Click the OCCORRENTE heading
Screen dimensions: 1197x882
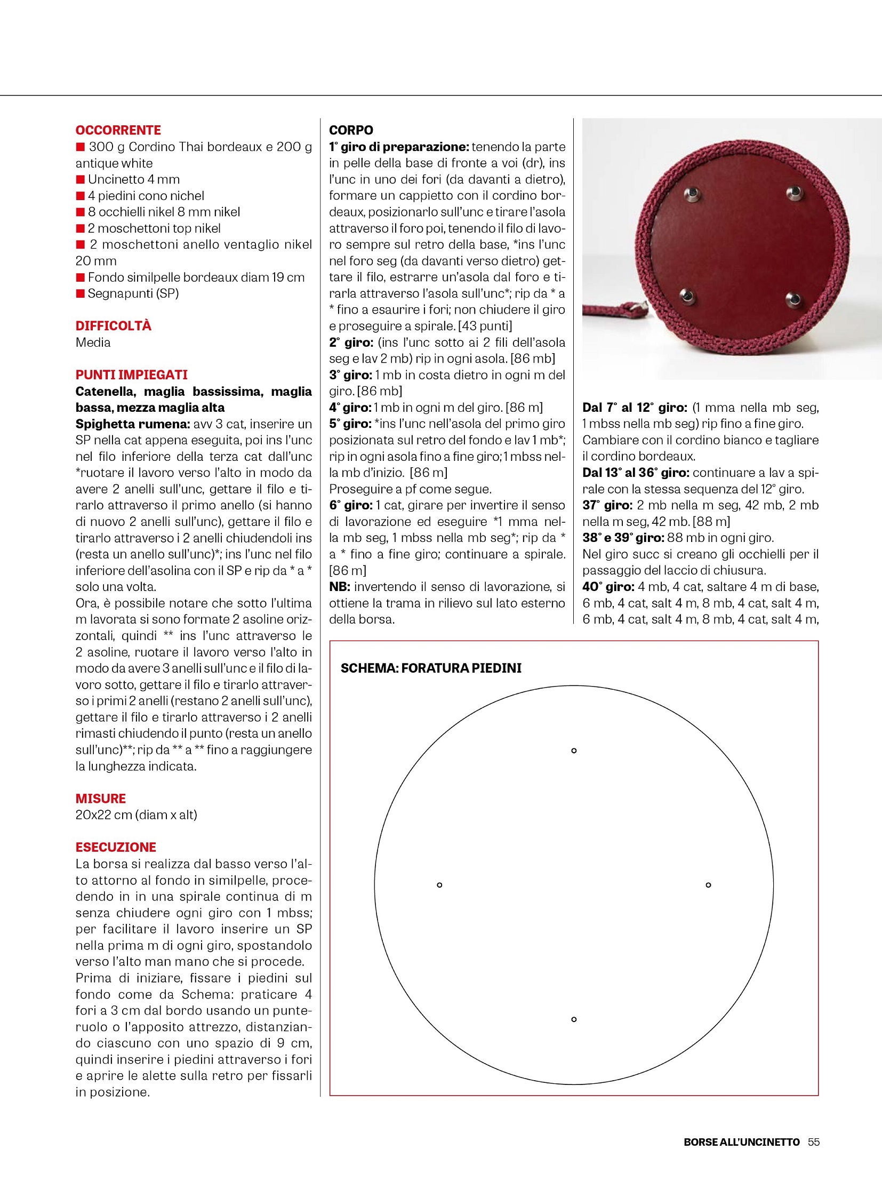tap(118, 130)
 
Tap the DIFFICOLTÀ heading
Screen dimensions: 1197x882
tap(113, 326)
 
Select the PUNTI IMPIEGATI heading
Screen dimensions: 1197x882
tap(131, 375)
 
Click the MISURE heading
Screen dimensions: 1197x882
tap(100, 799)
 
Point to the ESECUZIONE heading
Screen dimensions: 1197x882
tap(115, 847)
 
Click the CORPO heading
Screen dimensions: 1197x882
tap(351, 130)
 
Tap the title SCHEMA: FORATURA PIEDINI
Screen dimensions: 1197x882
tap(431, 668)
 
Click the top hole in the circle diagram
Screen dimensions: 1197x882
tap(574, 751)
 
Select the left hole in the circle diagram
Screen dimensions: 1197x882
tap(439, 885)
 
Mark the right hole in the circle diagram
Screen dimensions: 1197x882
tap(708, 885)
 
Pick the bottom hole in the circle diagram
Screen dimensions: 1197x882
tap(574, 1019)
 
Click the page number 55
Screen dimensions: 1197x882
tap(814, 1142)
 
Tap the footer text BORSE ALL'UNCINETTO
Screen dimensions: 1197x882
tap(742, 1142)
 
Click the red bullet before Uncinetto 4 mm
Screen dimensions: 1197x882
tap(80, 179)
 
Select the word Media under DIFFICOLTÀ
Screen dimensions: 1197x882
tap(93, 342)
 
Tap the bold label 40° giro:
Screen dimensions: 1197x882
tap(608, 587)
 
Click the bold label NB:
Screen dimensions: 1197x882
tap(339, 587)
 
